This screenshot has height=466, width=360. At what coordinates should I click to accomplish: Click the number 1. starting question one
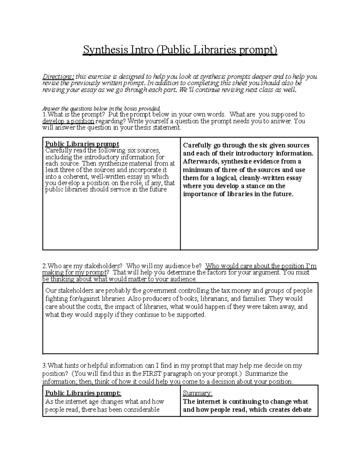45,115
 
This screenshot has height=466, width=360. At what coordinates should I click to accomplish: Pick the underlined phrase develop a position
68,121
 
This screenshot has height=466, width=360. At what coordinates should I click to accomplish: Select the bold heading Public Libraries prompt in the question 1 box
82,144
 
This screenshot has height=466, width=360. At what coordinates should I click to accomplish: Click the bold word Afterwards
201,161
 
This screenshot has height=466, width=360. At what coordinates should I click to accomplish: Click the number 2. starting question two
45,266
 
